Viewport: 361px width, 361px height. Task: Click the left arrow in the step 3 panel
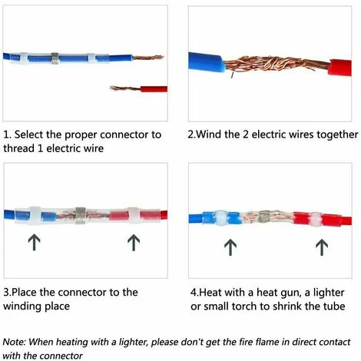pos(34,242)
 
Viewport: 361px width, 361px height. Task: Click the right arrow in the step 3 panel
pos(134,243)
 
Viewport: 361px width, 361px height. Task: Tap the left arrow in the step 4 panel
pos(230,247)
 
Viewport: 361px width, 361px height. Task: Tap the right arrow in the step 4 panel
pos(322,247)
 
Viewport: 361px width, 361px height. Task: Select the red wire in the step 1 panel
pos(154,89)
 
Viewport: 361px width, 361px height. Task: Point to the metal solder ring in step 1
pos(55,58)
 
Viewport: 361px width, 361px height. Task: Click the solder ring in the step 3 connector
pos(80,215)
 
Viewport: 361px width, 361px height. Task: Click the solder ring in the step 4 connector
pos(263,217)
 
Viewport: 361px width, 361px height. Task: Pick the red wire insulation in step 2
pos(339,68)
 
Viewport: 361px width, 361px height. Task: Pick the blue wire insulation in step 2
pos(207,62)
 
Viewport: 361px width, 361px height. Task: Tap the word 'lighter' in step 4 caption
pos(329,293)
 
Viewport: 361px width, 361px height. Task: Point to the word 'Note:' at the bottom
pos(14,342)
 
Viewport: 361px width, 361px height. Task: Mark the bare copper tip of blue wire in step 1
pos(148,58)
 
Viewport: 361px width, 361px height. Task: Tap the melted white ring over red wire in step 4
pos(316,218)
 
